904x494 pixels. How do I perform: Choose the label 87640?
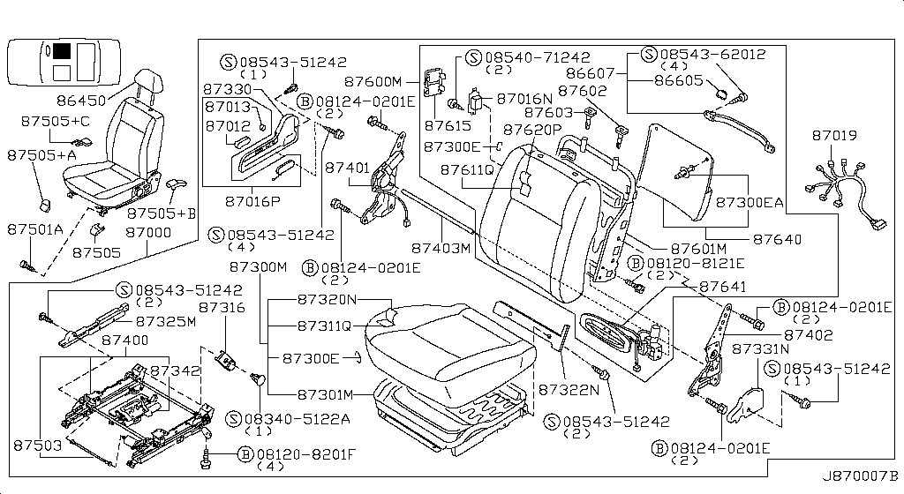pyautogui.click(x=778, y=238)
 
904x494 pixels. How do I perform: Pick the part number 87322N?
pyautogui.click(x=575, y=387)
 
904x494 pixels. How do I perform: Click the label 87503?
pyautogui.click(x=37, y=446)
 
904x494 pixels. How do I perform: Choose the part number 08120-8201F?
pyautogui.click(x=305, y=454)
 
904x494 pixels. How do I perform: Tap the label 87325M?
pyautogui.click(x=165, y=320)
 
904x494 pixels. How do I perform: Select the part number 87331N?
pyautogui.click(x=759, y=348)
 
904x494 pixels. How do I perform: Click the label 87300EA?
pyautogui.click(x=750, y=202)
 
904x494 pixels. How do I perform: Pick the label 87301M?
pyautogui.click(x=324, y=393)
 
